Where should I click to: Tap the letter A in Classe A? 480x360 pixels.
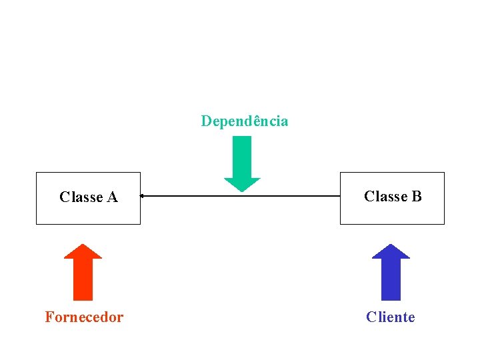pyautogui.click(x=113, y=197)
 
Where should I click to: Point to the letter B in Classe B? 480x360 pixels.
pyautogui.click(x=417, y=196)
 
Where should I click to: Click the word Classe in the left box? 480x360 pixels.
pyautogui.click(x=81, y=197)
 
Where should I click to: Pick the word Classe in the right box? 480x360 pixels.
pyautogui.click(x=386, y=196)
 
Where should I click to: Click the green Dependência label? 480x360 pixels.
pyautogui.click(x=245, y=121)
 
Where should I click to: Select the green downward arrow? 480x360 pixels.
pyautogui.click(x=242, y=164)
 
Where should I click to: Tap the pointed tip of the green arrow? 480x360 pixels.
pyautogui.click(x=242, y=192)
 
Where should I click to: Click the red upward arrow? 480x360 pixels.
pyautogui.click(x=83, y=272)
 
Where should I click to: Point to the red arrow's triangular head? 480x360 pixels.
pyautogui.click(x=83, y=251)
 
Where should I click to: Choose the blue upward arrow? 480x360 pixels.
pyautogui.click(x=391, y=272)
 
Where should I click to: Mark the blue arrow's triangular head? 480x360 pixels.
pyautogui.click(x=391, y=251)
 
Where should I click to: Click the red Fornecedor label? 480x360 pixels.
pyautogui.click(x=84, y=317)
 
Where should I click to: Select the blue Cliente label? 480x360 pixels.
pyautogui.click(x=391, y=317)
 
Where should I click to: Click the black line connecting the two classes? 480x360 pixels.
pyautogui.click(x=240, y=196)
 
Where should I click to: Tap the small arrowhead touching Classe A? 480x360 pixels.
pyautogui.click(x=141, y=196)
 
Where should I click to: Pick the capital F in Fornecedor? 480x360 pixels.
pyautogui.click(x=49, y=317)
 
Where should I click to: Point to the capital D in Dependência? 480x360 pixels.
pyautogui.click(x=206, y=121)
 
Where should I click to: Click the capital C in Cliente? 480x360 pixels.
pyautogui.click(x=371, y=317)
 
